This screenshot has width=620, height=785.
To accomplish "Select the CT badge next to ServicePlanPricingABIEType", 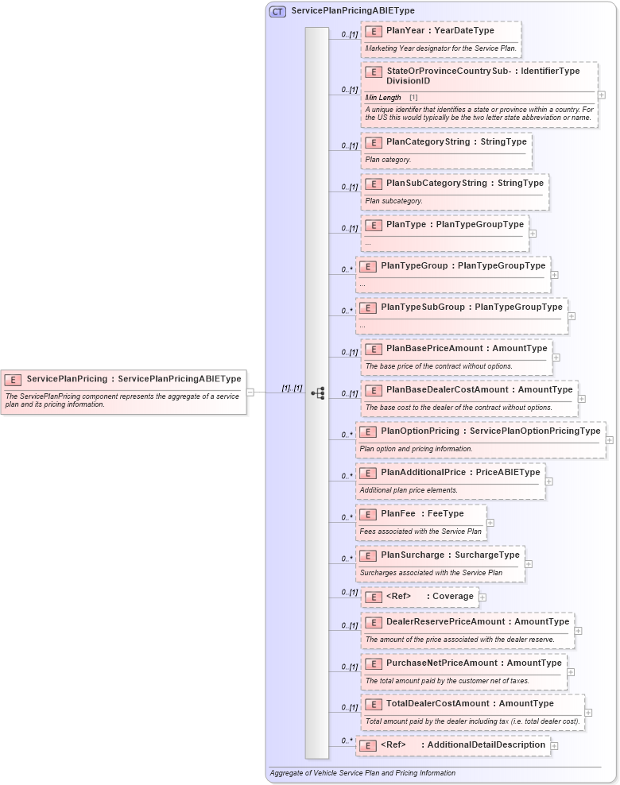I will click(277, 11).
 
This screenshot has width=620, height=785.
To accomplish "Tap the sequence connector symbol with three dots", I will click(318, 392).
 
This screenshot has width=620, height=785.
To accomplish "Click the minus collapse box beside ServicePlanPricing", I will click(250, 392).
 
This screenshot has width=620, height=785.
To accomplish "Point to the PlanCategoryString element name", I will click(428, 142).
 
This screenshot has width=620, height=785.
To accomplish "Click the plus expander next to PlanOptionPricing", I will click(610, 439).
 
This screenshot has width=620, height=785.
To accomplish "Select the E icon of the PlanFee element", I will click(367, 514).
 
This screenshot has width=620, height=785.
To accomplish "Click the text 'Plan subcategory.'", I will click(394, 201).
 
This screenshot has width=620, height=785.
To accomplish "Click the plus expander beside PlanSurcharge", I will click(529, 564).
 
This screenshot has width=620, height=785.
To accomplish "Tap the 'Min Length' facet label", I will click(383, 98).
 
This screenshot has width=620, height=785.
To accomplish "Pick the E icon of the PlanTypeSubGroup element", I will click(367, 307).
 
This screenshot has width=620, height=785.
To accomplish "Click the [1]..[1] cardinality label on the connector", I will click(292, 389).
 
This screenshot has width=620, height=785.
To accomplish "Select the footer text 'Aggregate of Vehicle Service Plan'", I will click(362, 772).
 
